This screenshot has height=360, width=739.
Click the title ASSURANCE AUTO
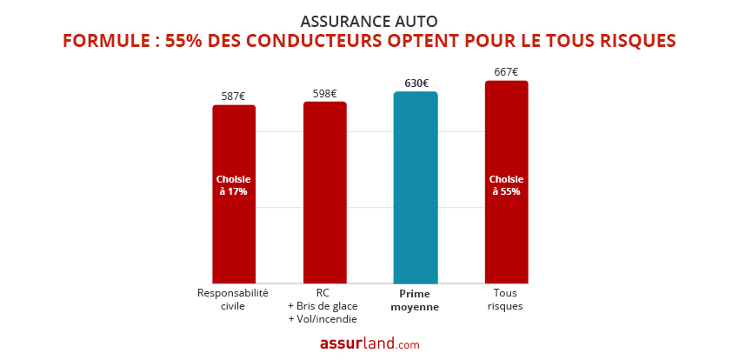pos(369,21)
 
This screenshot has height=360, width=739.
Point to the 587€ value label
pos(233,97)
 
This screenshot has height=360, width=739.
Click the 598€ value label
pos(324,93)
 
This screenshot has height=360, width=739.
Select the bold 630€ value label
pos(416,83)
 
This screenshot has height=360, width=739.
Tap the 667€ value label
pos(506,72)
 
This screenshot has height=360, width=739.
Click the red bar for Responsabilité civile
pos(233,235)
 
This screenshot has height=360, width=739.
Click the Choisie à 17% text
pos(233,185)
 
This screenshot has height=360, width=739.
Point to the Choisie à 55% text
pos(506,185)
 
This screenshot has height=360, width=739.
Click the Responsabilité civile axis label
pos(233,299)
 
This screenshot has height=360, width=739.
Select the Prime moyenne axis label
pos(416,300)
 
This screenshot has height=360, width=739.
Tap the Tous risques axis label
pos(505,299)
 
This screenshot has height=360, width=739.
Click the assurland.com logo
pos(369,343)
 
